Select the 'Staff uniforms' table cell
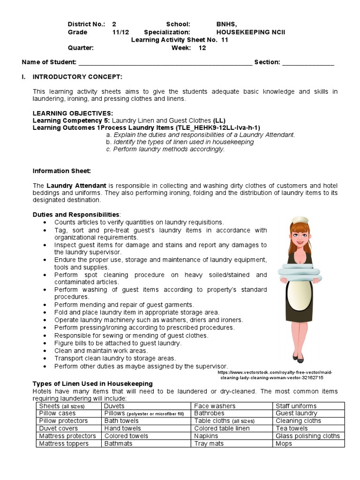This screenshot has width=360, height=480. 296,406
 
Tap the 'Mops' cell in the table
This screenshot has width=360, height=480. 284,443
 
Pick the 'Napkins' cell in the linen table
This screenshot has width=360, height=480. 206,436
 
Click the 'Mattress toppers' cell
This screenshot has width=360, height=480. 64,443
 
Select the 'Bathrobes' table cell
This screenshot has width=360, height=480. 209,413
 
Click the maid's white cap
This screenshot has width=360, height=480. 299,219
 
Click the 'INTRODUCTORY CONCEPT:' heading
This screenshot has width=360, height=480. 77,76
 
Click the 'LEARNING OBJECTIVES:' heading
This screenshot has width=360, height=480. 73,113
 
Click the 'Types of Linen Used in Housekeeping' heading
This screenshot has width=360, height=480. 92,383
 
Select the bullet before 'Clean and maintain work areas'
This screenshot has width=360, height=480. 45,351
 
